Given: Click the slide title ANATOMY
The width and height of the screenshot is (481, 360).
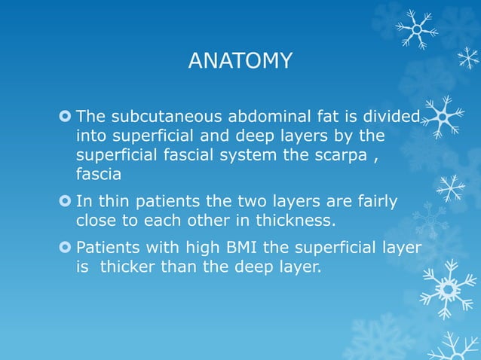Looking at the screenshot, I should coord(240,61).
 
